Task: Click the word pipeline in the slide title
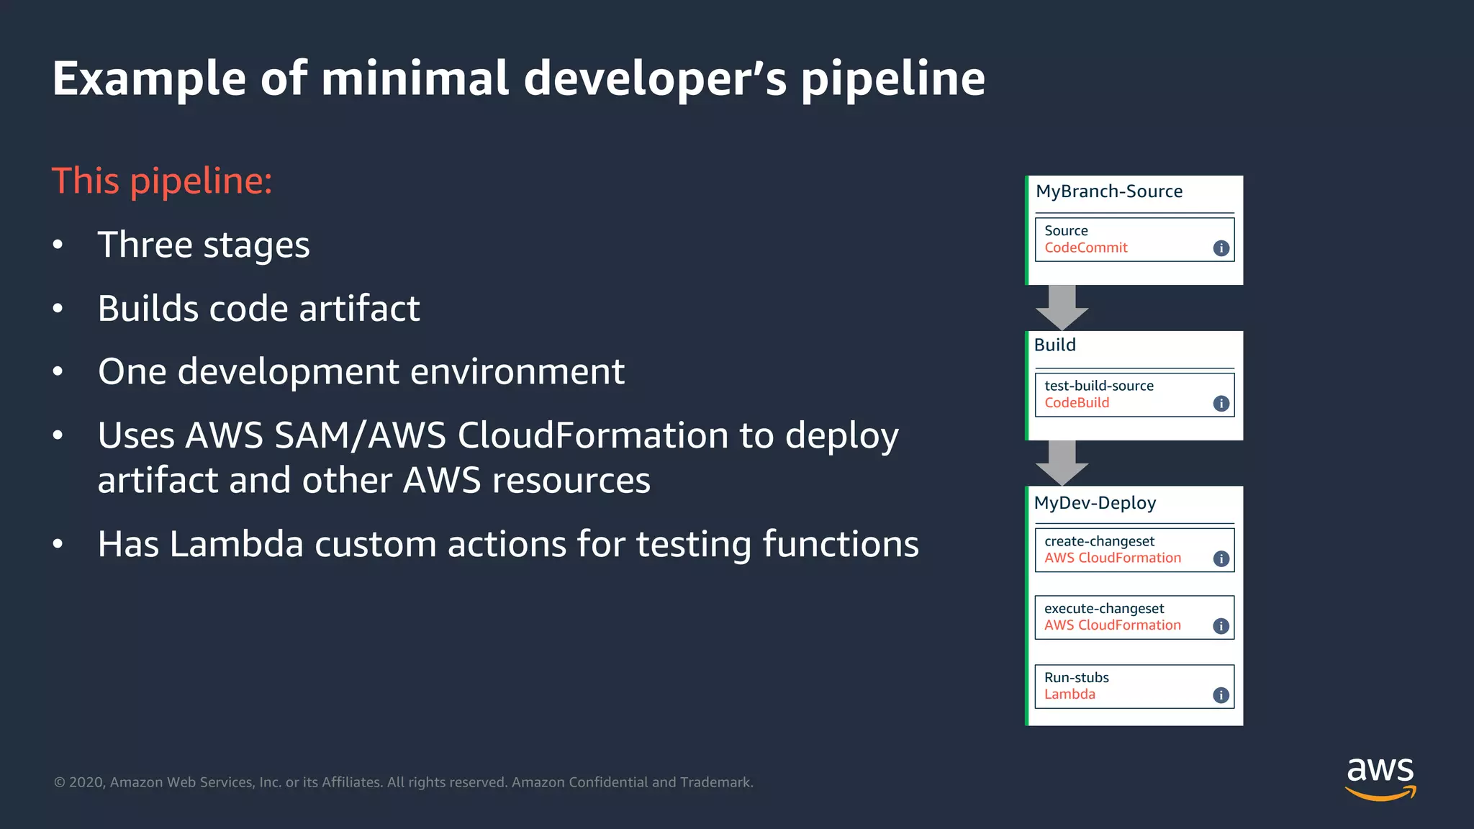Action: point(892,79)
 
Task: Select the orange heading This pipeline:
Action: point(162,181)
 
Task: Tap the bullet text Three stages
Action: point(204,245)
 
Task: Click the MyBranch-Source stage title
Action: point(1108,191)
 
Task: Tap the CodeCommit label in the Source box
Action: point(1085,248)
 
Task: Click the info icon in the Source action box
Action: point(1221,248)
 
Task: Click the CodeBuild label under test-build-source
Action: point(1076,403)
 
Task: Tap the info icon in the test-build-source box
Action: point(1221,404)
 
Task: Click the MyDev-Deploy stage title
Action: point(1095,503)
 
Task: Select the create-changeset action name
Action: point(1099,541)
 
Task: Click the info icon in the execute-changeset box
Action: point(1221,626)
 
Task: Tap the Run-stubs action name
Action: point(1076,678)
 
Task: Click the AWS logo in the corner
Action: point(1380,778)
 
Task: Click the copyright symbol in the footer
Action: point(60,783)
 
